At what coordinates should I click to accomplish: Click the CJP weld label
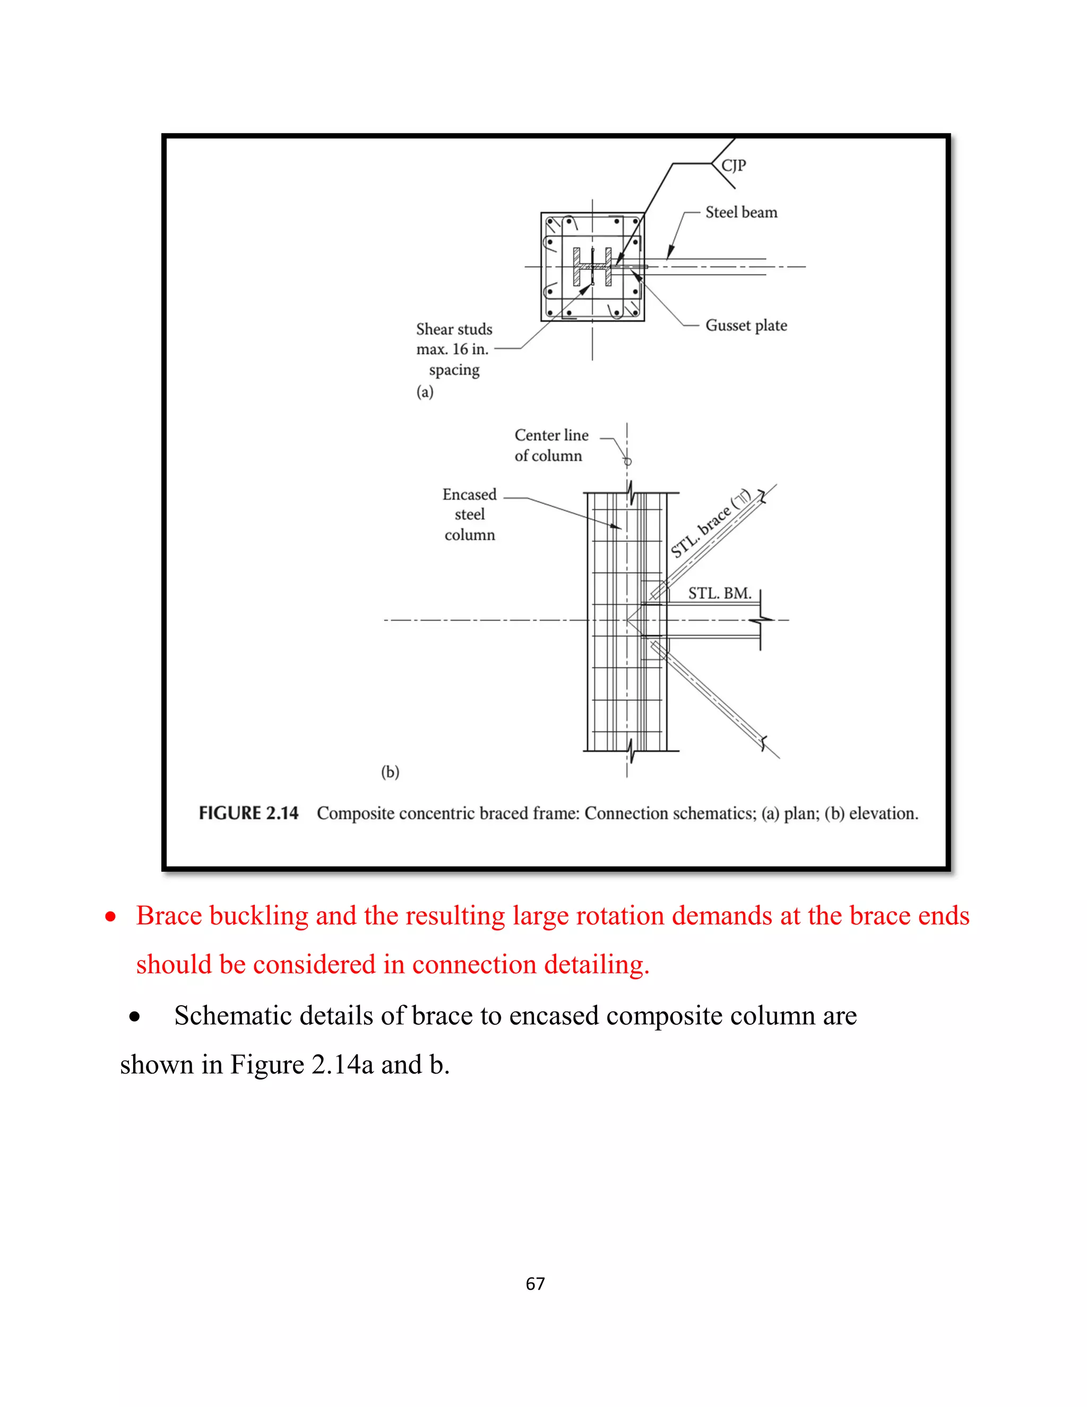click(734, 166)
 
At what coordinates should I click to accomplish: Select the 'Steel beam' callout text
click(741, 212)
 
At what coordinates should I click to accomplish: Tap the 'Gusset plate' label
click(746, 325)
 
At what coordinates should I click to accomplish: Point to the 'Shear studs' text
click(454, 329)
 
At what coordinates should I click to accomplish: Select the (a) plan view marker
click(425, 392)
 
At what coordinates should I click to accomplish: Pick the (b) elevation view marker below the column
click(390, 772)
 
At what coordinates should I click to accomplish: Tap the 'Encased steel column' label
click(469, 514)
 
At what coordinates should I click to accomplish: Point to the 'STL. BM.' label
click(719, 594)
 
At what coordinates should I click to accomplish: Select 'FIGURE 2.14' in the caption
click(248, 813)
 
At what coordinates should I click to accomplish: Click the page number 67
click(535, 1284)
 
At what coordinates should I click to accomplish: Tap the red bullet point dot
click(111, 917)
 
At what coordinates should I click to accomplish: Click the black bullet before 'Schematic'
click(134, 1017)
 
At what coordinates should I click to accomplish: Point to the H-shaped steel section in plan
click(592, 266)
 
